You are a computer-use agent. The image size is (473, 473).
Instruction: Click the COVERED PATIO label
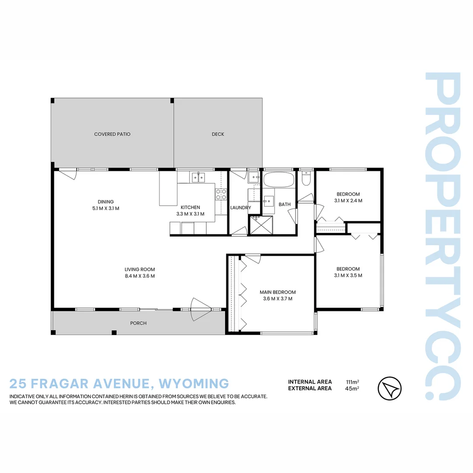coord(112,134)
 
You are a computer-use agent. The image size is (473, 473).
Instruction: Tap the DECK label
coord(218,134)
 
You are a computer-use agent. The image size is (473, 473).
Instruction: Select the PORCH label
coord(138,323)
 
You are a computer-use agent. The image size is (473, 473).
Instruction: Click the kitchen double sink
coord(198,177)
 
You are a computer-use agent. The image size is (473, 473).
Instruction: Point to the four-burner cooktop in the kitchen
coord(221,194)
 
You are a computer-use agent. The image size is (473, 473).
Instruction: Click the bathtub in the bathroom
coord(279,180)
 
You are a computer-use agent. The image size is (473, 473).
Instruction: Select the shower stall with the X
coord(261,226)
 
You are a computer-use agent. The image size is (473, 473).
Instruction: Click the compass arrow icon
coord(389,388)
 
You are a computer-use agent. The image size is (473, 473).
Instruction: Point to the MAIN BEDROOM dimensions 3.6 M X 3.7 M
coord(277,299)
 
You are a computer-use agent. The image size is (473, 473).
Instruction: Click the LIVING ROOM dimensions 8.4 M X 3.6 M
coord(139,276)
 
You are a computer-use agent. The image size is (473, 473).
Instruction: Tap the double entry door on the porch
coord(201,307)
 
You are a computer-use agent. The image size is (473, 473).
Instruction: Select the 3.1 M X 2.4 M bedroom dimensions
coord(348,201)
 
